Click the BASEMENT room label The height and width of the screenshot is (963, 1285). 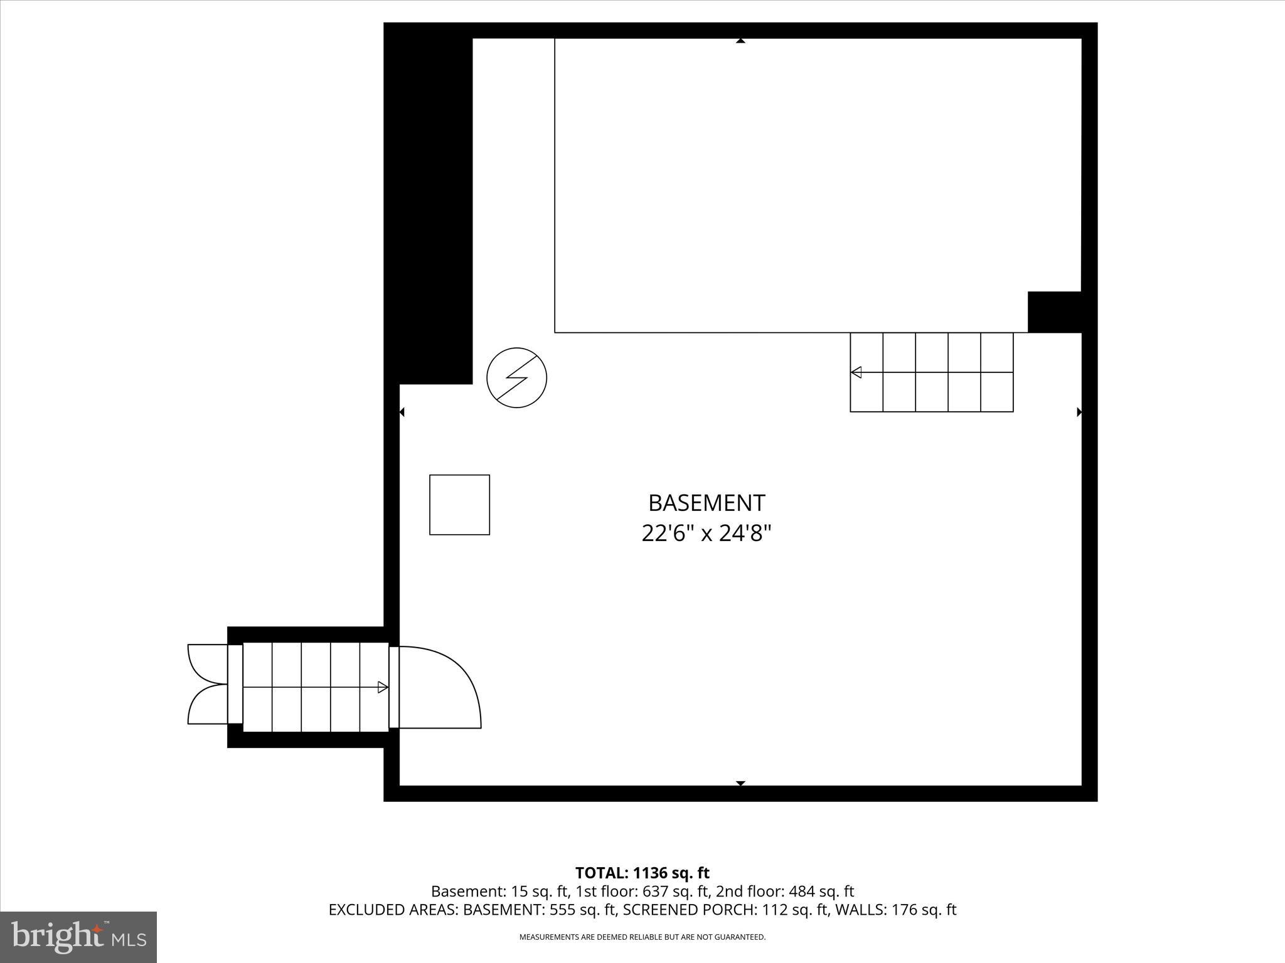pos(706,503)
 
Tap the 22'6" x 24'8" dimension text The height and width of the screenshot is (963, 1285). pos(706,534)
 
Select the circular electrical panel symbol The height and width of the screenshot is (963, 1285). pos(517,377)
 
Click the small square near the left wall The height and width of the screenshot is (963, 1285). pos(459,505)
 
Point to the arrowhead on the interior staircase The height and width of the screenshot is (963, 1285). pos(856,372)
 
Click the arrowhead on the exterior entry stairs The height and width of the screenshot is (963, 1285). pos(383,687)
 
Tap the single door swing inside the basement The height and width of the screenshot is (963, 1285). pos(439,687)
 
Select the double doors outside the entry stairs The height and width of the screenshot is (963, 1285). pos(207,684)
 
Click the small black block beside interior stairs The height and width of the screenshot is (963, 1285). pos(1054,312)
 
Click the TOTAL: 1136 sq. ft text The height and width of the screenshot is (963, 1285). pos(642,873)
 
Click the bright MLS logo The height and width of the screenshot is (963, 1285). pos(78,937)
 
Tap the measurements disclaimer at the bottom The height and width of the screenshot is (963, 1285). pos(642,937)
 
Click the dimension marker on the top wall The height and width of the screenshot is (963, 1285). pos(740,41)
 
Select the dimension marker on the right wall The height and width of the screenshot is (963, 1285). pos(1079,412)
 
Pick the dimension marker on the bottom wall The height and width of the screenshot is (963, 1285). pos(740,783)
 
